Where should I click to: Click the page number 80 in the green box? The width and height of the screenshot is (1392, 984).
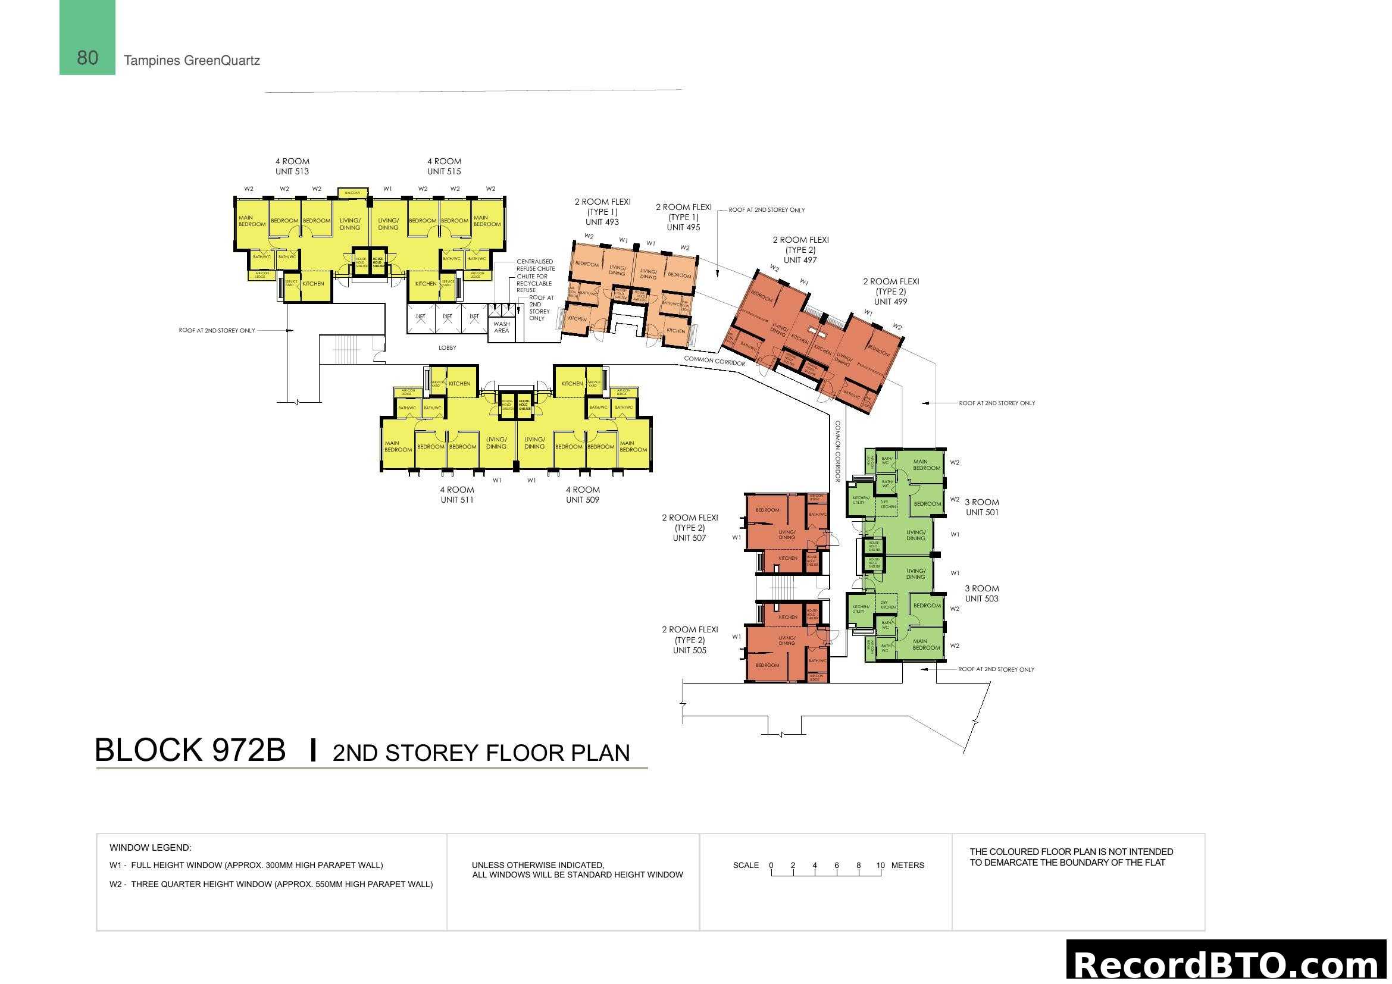point(87,58)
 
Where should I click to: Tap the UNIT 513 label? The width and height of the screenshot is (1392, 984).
point(292,171)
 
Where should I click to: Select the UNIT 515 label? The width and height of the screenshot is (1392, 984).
point(444,171)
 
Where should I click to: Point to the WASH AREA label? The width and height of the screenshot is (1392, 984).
point(501,327)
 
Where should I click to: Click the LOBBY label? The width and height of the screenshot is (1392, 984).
point(447,348)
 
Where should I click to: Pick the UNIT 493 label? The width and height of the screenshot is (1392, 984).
point(602,223)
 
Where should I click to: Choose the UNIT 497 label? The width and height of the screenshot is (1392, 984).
point(800,261)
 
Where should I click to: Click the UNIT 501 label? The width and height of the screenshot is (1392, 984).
point(981,513)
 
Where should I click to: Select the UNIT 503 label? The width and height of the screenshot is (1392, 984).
point(981,598)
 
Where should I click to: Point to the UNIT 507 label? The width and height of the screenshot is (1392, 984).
point(689,538)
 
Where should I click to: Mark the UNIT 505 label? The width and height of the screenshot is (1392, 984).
point(689,651)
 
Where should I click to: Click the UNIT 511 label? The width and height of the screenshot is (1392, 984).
point(456,500)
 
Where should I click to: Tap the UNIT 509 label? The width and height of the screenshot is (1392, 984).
point(582,500)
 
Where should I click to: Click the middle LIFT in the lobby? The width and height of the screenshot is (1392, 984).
point(448,317)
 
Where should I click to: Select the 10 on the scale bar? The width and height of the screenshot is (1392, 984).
point(880,865)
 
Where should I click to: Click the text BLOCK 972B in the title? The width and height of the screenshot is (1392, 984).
point(190,750)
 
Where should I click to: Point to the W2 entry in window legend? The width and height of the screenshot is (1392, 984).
point(271,884)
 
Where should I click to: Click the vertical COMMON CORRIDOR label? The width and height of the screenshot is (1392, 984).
point(838,452)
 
